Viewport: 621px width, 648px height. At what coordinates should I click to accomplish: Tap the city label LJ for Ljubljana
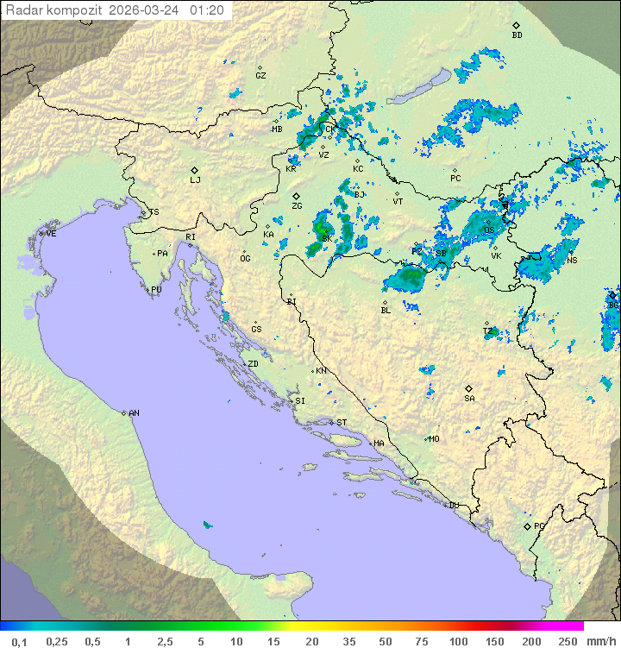(196, 180)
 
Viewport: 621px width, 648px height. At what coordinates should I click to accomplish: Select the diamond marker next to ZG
(296, 196)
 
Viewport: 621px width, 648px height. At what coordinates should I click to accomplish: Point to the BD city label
(517, 35)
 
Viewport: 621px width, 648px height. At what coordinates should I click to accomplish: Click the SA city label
(469, 399)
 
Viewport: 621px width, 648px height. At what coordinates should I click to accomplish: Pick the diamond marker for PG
(527, 525)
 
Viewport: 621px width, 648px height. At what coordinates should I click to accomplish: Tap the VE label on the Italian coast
(51, 234)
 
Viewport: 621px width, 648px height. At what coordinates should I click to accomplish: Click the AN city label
(134, 413)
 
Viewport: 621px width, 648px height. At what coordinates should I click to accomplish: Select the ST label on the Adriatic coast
(342, 423)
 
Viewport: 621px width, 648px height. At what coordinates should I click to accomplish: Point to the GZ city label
(260, 76)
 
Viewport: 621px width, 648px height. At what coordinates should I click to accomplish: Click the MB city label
(277, 129)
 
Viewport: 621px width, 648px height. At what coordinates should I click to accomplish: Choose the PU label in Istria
(156, 290)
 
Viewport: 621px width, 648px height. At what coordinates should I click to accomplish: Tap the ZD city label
(253, 364)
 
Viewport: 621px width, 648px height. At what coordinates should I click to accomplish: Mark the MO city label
(434, 439)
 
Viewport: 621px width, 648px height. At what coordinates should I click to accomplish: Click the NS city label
(573, 261)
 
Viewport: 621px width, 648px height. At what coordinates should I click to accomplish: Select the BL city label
(386, 310)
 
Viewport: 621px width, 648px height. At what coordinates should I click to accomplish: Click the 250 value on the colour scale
(568, 641)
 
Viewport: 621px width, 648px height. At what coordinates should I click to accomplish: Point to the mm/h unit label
(598, 641)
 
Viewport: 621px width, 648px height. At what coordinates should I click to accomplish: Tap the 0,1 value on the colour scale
(19, 641)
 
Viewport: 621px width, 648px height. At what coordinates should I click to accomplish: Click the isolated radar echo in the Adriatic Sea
(206, 525)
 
